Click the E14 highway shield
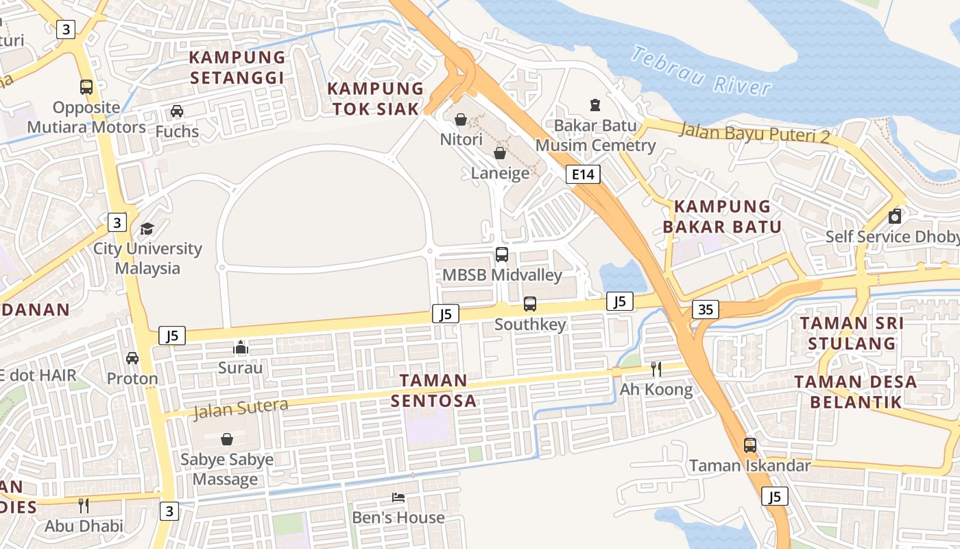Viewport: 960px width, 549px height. (583, 174)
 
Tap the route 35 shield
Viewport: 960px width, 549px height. (706, 309)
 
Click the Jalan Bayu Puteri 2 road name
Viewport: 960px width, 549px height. (754, 132)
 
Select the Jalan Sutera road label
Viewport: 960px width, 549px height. (241, 408)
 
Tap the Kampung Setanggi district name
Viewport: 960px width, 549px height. (237, 67)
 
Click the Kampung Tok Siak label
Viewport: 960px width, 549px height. (376, 98)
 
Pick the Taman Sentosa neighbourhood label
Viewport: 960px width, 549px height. (433, 390)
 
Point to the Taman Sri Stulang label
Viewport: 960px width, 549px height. (851, 333)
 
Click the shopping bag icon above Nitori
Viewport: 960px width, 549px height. (461, 119)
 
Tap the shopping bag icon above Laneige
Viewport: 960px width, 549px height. (500, 153)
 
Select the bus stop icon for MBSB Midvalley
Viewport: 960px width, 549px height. (502, 255)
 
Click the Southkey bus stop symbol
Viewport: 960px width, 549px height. (530, 303)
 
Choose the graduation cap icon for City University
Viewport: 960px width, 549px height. (147, 229)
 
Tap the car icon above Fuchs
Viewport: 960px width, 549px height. (177, 111)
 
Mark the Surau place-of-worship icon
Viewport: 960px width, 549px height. (240, 348)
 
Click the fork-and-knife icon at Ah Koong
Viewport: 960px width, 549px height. (656, 369)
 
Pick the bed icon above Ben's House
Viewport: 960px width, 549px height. (398, 497)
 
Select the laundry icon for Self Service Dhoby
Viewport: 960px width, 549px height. (894, 217)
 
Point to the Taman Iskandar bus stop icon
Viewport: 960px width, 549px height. (750, 445)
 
